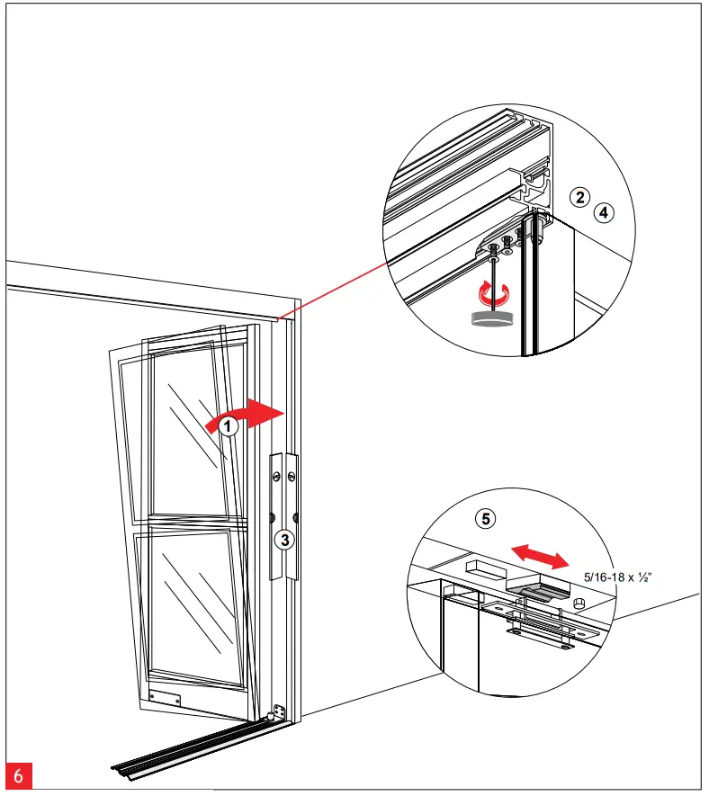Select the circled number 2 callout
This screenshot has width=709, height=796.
[x=582, y=199]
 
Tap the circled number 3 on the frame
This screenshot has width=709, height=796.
[x=283, y=540]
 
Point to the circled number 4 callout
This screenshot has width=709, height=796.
[x=604, y=213]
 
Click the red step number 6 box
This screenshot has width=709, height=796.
[x=18, y=775]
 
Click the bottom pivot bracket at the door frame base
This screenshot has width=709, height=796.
[x=279, y=711]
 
